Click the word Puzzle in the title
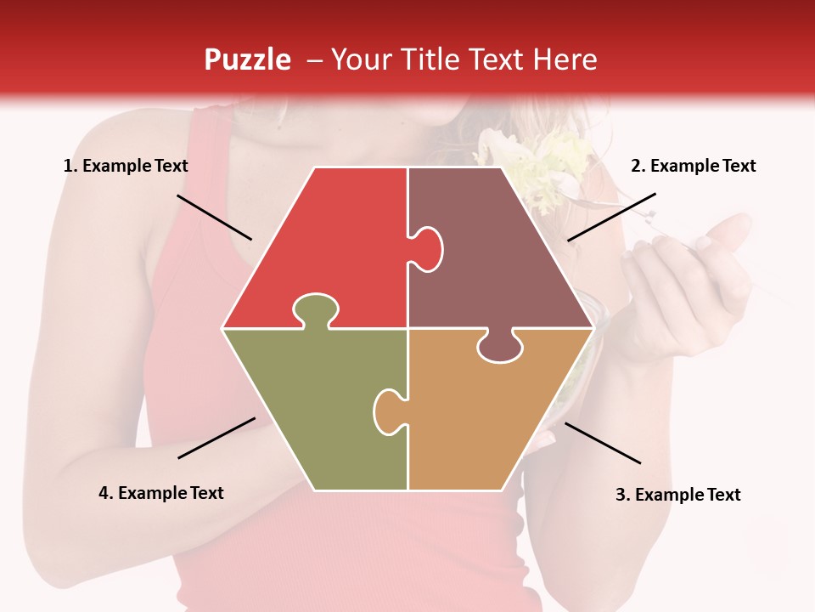[x=247, y=59]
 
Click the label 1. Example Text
[x=126, y=166]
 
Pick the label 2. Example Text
[x=693, y=166]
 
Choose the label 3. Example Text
[x=677, y=495]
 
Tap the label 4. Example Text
[x=160, y=493]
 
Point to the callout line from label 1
[x=214, y=217]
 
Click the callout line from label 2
[x=611, y=217]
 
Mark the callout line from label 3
[x=603, y=443]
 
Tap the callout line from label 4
[x=216, y=438]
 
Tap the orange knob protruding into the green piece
[x=388, y=410]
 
